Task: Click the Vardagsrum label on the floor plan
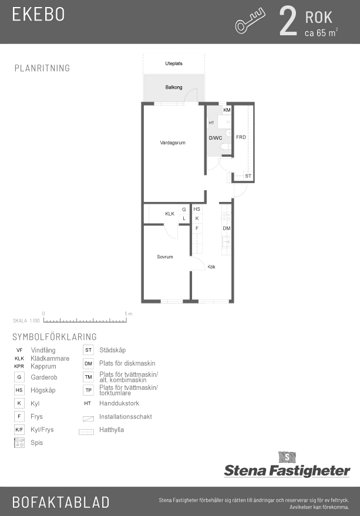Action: click(173, 143)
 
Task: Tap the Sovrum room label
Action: click(164, 257)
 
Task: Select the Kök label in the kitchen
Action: click(211, 267)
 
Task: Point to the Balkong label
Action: click(174, 87)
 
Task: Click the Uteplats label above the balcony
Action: click(174, 63)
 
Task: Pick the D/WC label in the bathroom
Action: click(216, 138)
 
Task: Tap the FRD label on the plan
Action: click(241, 137)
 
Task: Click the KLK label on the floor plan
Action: click(170, 214)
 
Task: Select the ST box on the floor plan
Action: click(248, 176)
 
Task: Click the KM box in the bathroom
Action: click(227, 110)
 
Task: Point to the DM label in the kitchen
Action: click(227, 228)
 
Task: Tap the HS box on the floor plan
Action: click(197, 209)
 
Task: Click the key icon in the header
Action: click(250, 21)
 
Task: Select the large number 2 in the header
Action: click(288, 21)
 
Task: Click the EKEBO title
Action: click(38, 14)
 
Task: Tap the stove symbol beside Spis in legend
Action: click(19, 443)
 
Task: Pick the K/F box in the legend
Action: click(19, 430)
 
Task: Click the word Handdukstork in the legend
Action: click(119, 403)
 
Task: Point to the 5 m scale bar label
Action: click(129, 313)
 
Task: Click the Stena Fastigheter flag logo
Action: click(287, 457)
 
